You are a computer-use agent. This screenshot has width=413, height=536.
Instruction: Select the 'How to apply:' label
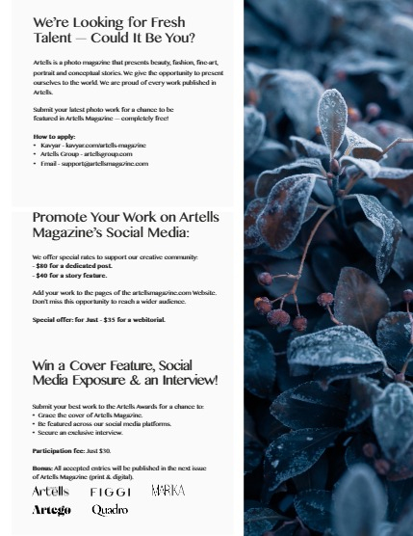[53, 137]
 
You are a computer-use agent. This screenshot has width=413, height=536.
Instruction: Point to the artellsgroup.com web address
[108, 154]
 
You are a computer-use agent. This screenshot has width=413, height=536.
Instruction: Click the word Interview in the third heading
[189, 381]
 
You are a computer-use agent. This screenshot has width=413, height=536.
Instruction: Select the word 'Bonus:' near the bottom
[42, 468]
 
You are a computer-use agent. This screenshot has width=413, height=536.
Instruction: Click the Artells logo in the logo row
[50, 492]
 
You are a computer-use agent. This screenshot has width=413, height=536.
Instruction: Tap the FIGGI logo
[110, 492]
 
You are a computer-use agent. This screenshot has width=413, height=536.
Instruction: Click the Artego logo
[51, 510]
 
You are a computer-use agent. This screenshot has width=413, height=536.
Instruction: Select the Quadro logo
[110, 510]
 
